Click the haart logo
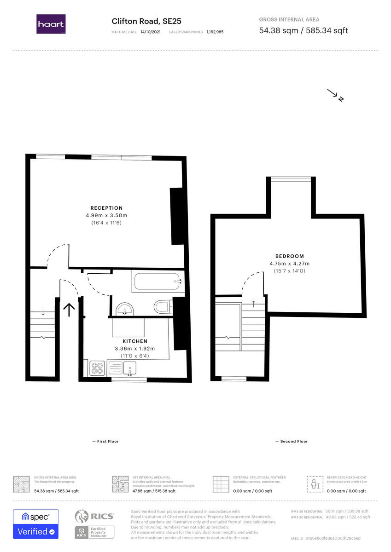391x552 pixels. coord(51,24)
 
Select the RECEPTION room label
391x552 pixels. coord(106,208)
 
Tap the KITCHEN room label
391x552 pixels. coord(134,341)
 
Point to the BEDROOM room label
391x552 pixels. coord(290,256)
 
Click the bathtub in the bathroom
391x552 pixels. coord(156,281)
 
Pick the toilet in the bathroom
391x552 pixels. coord(162,306)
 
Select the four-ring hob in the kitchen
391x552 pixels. coord(97,368)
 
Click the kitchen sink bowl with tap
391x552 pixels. coord(130,368)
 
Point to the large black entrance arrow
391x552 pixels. coord(69,310)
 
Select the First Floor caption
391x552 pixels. coord(106,441)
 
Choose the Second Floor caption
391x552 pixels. coord(292,441)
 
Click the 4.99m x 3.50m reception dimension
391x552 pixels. coord(106,215)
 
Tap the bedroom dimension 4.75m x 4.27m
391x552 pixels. coord(290,264)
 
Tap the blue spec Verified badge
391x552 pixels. coord(35,524)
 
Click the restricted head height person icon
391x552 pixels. coord(314,484)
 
